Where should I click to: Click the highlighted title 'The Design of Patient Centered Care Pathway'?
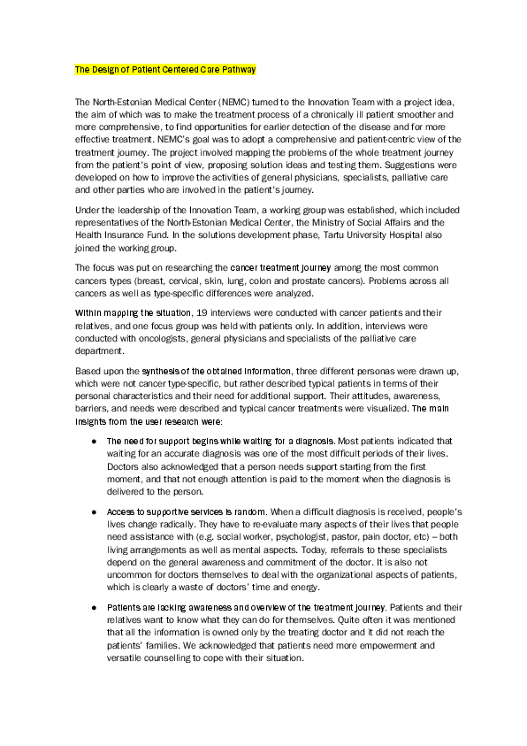164,69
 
